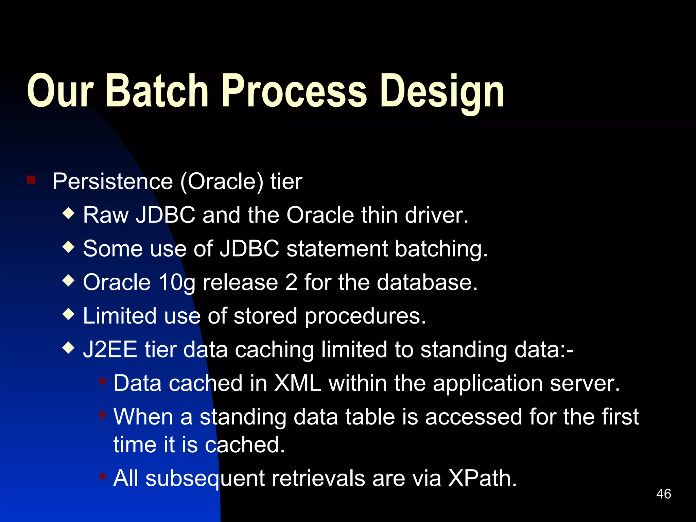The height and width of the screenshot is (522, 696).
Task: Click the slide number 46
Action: click(x=663, y=494)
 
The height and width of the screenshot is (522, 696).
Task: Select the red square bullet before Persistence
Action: click(x=31, y=179)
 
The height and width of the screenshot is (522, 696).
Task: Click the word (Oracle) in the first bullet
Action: click(x=222, y=182)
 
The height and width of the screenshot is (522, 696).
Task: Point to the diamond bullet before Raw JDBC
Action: click(x=69, y=214)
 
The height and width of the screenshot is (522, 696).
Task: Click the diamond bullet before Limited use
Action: click(x=69, y=314)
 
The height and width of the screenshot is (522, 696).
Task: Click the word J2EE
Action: click(x=110, y=350)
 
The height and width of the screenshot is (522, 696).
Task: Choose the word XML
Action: click(x=298, y=383)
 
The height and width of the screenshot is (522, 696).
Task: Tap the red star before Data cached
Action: click(x=102, y=381)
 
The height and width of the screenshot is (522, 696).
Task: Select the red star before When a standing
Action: click(x=102, y=415)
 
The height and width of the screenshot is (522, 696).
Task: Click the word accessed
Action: click(x=473, y=417)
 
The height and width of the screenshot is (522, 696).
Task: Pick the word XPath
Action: click(x=482, y=478)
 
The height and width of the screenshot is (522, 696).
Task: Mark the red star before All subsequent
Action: click(x=102, y=476)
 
